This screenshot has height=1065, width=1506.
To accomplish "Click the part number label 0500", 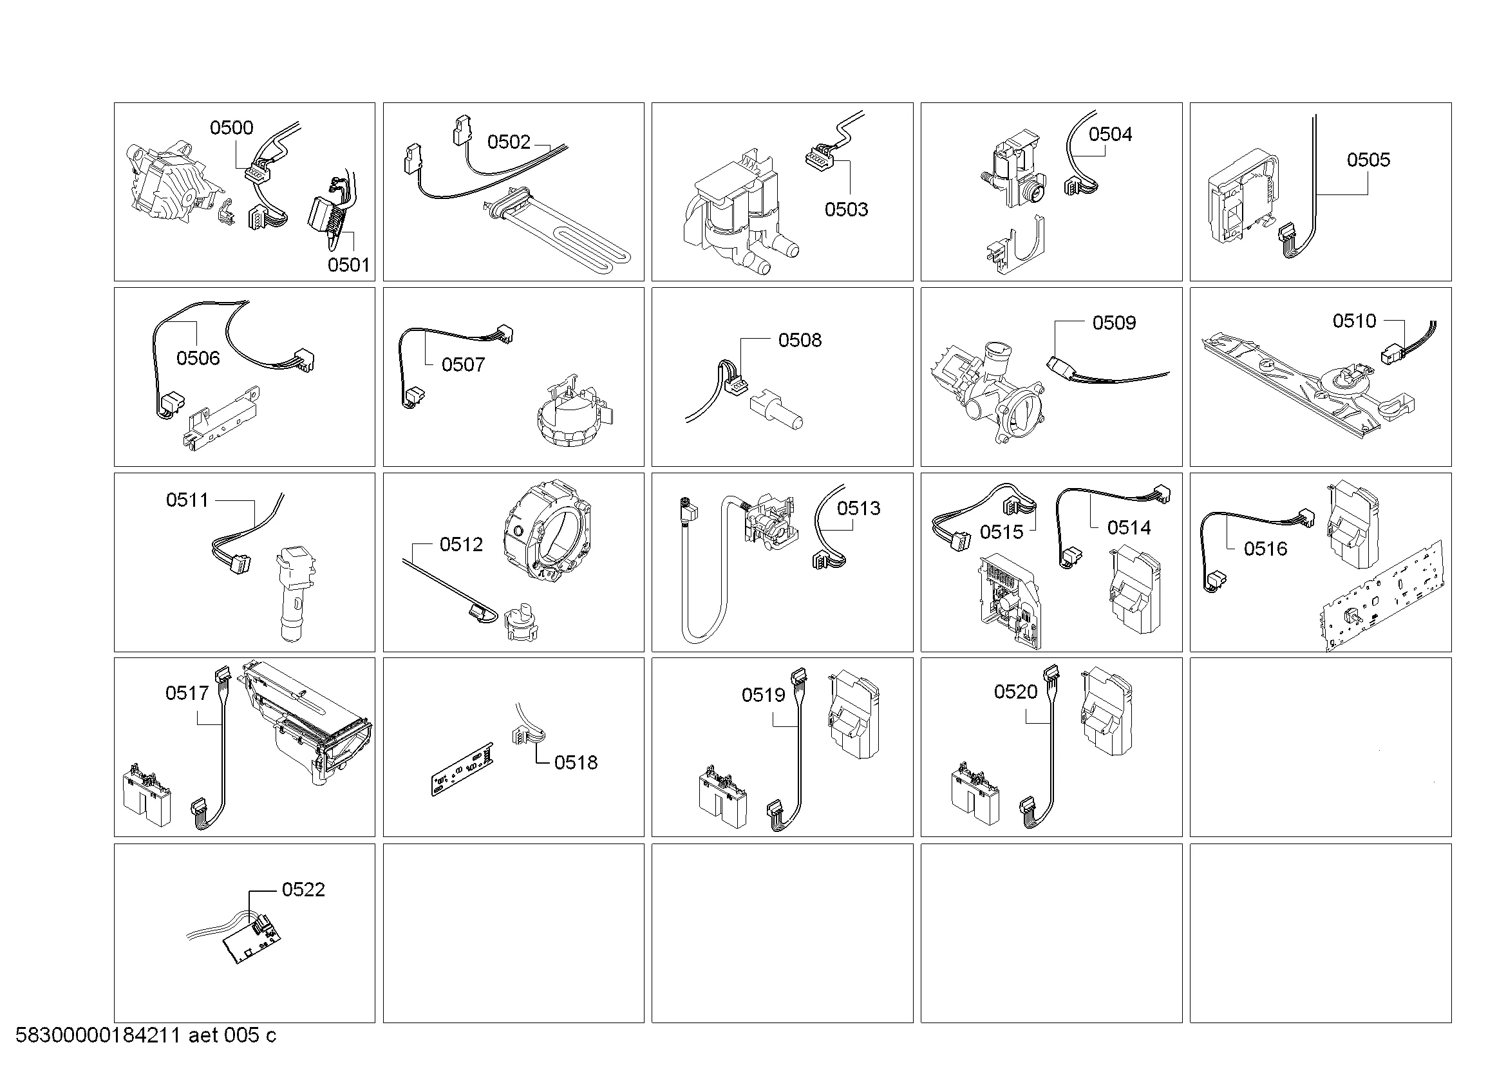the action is [x=231, y=128].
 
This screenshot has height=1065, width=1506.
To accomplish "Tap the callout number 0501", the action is [x=348, y=265].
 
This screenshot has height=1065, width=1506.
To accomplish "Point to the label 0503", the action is [x=846, y=209].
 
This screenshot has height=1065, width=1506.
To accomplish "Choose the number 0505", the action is [x=1368, y=160].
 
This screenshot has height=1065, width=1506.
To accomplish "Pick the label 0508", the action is [x=800, y=340].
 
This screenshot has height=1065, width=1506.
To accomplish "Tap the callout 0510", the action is [x=1355, y=321].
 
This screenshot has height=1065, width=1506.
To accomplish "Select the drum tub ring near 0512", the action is [x=546, y=531].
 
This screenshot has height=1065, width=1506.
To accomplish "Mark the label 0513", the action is [x=859, y=508].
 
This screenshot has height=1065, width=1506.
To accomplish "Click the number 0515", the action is [x=1002, y=532].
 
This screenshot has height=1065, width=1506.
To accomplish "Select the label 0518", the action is [x=576, y=762].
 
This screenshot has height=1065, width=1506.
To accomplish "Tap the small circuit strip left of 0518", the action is [x=462, y=769].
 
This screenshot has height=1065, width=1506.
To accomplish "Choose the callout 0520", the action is [x=1015, y=692].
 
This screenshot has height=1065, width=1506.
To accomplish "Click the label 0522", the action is [x=303, y=889].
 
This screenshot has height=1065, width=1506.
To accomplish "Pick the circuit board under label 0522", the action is [x=251, y=939].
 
